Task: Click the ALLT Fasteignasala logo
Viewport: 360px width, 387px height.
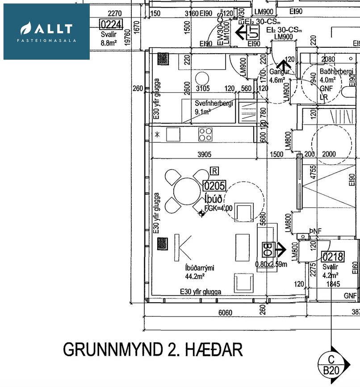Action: point(46,32)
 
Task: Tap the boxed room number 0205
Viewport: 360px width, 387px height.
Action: point(214,185)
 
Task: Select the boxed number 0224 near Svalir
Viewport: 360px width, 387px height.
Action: point(110,24)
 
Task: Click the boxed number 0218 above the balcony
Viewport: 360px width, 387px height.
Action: point(332,256)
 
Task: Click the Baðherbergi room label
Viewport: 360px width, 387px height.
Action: point(336,71)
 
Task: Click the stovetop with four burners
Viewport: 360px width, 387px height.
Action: point(205,134)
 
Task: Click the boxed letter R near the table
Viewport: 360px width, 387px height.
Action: point(215,171)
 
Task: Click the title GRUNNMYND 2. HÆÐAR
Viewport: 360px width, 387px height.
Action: point(153,349)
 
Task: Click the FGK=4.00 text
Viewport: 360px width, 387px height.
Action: point(218,208)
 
